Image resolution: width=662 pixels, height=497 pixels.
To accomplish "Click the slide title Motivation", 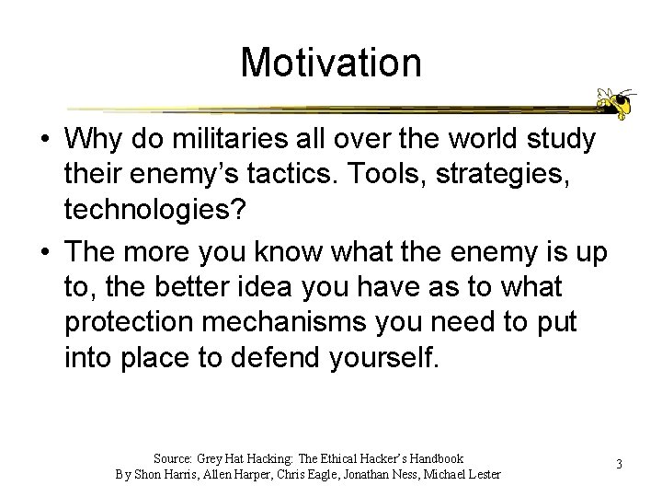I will pos(331,64).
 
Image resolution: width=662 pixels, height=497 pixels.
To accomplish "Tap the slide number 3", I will pos(619,464).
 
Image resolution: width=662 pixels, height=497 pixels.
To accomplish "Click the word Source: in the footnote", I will pos(173,458).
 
